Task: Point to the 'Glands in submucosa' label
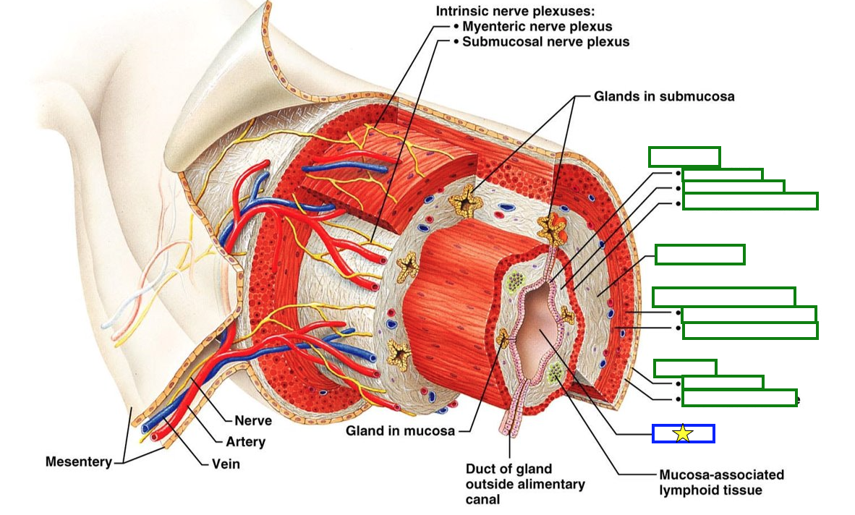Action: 664,95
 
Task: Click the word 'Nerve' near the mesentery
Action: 253,420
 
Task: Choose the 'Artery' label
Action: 245,441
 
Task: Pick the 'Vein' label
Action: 225,464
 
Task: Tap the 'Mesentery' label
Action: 78,461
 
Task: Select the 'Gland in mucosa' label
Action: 400,431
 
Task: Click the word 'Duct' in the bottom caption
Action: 482,469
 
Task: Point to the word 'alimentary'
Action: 556,484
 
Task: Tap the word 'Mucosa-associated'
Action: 721,475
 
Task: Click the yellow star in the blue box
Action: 683,433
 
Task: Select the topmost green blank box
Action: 684,156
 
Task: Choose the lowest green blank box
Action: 739,398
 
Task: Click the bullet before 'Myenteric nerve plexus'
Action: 456,27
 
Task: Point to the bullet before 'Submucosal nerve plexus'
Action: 456,42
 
